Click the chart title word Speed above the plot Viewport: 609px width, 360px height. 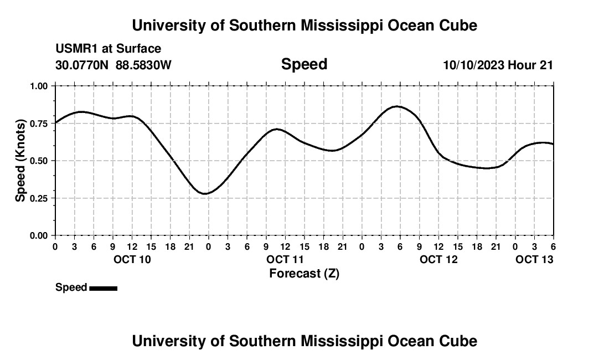pos(304,64)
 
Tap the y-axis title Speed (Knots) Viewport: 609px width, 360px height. pos(20,161)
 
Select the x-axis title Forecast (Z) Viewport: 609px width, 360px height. pos(304,273)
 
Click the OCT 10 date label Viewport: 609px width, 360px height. pos(132,259)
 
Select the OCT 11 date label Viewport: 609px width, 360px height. pos(285,259)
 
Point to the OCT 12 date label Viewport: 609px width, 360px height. pos(438,259)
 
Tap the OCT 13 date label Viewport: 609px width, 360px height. pos(534,259)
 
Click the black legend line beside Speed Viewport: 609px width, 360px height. pos(103,288)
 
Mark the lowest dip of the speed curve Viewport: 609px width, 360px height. pos(205,194)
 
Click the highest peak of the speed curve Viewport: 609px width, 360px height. pos(397,106)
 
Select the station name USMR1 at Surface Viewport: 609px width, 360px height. pos(109,49)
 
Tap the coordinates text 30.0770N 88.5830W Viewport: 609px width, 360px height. pos(113,65)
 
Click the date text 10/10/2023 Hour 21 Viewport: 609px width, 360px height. pos(498,65)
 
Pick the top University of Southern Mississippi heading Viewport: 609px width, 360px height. pos(304,25)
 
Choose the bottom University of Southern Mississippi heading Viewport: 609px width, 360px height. pos(304,341)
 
